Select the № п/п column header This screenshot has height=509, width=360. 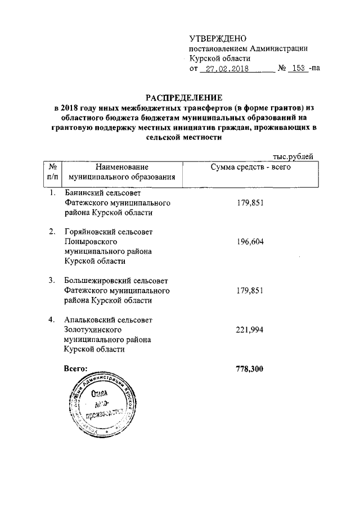click(x=52, y=172)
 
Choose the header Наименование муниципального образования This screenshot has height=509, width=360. click(x=121, y=172)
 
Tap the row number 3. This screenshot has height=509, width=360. click(x=51, y=281)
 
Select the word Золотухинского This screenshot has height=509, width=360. click(x=93, y=330)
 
